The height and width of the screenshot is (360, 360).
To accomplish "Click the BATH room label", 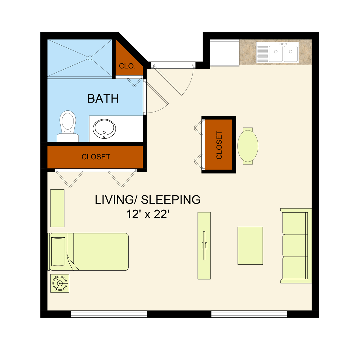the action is (x=103, y=98).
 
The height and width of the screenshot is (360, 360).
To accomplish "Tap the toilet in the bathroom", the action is (x=68, y=126).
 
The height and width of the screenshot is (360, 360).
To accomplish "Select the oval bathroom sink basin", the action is (x=104, y=129).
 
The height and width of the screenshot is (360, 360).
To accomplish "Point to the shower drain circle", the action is (x=90, y=58).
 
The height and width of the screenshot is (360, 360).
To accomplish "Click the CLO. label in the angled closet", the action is (x=127, y=66).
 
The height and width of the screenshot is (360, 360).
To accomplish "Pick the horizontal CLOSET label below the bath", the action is (x=96, y=157).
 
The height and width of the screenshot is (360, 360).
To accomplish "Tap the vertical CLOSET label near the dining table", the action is (x=219, y=145).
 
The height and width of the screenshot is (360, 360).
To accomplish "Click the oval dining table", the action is (x=248, y=146).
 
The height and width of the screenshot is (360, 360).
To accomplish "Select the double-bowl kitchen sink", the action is (x=277, y=52).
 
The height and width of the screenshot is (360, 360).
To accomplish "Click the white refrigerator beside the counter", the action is (x=225, y=52).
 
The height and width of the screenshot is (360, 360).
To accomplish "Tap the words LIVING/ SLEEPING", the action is (x=148, y=200).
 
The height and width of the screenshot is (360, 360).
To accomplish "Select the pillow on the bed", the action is (x=58, y=252).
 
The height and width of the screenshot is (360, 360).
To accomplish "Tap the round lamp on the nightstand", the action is (x=60, y=283).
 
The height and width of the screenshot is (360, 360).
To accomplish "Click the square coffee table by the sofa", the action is (x=250, y=246).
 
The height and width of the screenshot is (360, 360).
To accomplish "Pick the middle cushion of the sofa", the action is (x=295, y=246).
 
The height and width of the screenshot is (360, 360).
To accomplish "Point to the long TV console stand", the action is (x=204, y=246).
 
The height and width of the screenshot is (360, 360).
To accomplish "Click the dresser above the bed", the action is (x=57, y=208).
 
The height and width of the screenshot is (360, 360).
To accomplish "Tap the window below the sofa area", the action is (x=249, y=314).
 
